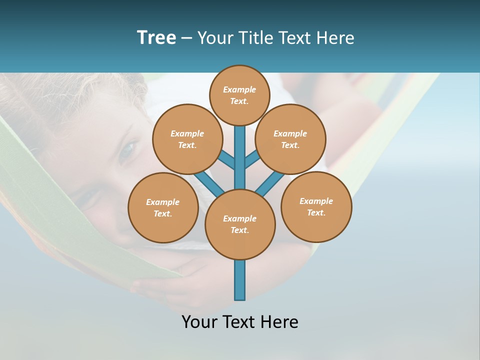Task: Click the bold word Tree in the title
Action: [x=156, y=38]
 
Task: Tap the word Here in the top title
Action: [x=335, y=38]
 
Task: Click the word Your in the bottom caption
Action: [x=200, y=322]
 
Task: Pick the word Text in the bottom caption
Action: [x=240, y=322]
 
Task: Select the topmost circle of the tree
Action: [x=239, y=95]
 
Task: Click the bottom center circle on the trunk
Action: [x=240, y=224]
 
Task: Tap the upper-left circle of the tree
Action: [x=187, y=139]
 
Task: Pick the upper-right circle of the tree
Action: [x=290, y=139]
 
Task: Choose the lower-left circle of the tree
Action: [x=163, y=207]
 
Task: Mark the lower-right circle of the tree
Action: [x=316, y=206]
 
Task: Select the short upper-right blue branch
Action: [x=251, y=160]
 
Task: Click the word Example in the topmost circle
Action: [x=239, y=89]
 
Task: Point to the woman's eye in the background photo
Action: [x=128, y=148]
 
